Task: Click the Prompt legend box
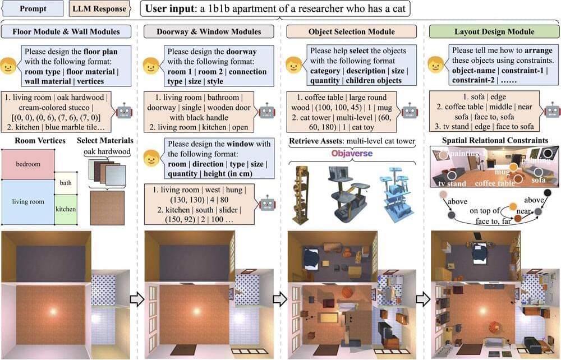[x=33, y=8]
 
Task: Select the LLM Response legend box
[x=99, y=8]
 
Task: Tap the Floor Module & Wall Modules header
[x=66, y=31]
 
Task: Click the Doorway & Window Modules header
[x=209, y=31]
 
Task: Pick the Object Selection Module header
[x=352, y=31]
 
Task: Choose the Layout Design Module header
[x=494, y=31]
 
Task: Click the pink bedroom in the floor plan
[x=28, y=164]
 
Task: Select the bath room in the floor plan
[x=66, y=183]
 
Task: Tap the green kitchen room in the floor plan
[x=66, y=209]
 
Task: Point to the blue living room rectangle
[x=28, y=202]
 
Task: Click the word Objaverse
[x=352, y=154]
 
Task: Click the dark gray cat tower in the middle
[x=346, y=195]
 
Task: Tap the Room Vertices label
[x=40, y=141]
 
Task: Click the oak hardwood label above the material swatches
[x=107, y=151]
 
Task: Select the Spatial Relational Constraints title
[x=495, y=141]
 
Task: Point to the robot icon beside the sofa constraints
[x=553, y=110]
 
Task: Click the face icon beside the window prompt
[x=151, y=158]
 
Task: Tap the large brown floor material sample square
[x=107, y=207]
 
